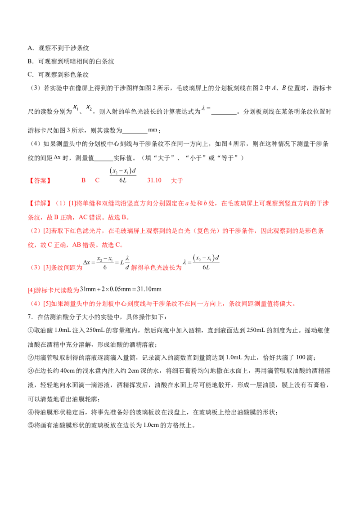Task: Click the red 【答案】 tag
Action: [40, 181]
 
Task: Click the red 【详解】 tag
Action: [40, 203]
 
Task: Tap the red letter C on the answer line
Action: [97, 180]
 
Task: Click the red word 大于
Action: [177, 180]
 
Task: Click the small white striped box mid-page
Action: [153, 129]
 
